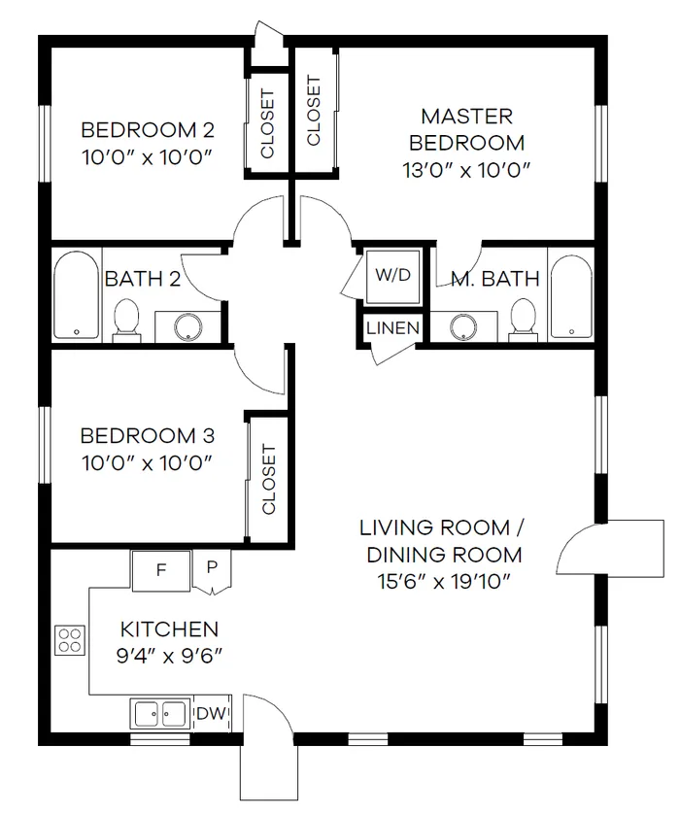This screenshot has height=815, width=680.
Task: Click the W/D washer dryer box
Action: tap(392, 275)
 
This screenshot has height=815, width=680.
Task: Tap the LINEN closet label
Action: tap(392, 328)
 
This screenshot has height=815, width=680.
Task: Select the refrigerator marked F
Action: tap(160, 570)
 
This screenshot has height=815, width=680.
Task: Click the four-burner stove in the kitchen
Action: tap(69, 640)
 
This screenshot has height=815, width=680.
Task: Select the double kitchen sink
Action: tap(159, 714)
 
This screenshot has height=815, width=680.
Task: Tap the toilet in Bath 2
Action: tap(126, 319)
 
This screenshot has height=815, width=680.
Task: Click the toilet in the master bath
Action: tap(524, 318)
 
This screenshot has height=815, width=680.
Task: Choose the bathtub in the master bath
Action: tap(570, 294)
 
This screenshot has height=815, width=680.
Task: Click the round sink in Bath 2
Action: tap(187, 327)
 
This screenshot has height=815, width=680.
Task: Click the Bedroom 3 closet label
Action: tap(269, 480)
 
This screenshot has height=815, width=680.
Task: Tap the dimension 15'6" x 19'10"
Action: tap(441, 582)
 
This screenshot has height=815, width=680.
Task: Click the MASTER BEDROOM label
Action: tap(466, 129)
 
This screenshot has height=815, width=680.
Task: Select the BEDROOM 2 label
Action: tap(147, 129)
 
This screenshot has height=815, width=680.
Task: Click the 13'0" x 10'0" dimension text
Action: tap(466, 169)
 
